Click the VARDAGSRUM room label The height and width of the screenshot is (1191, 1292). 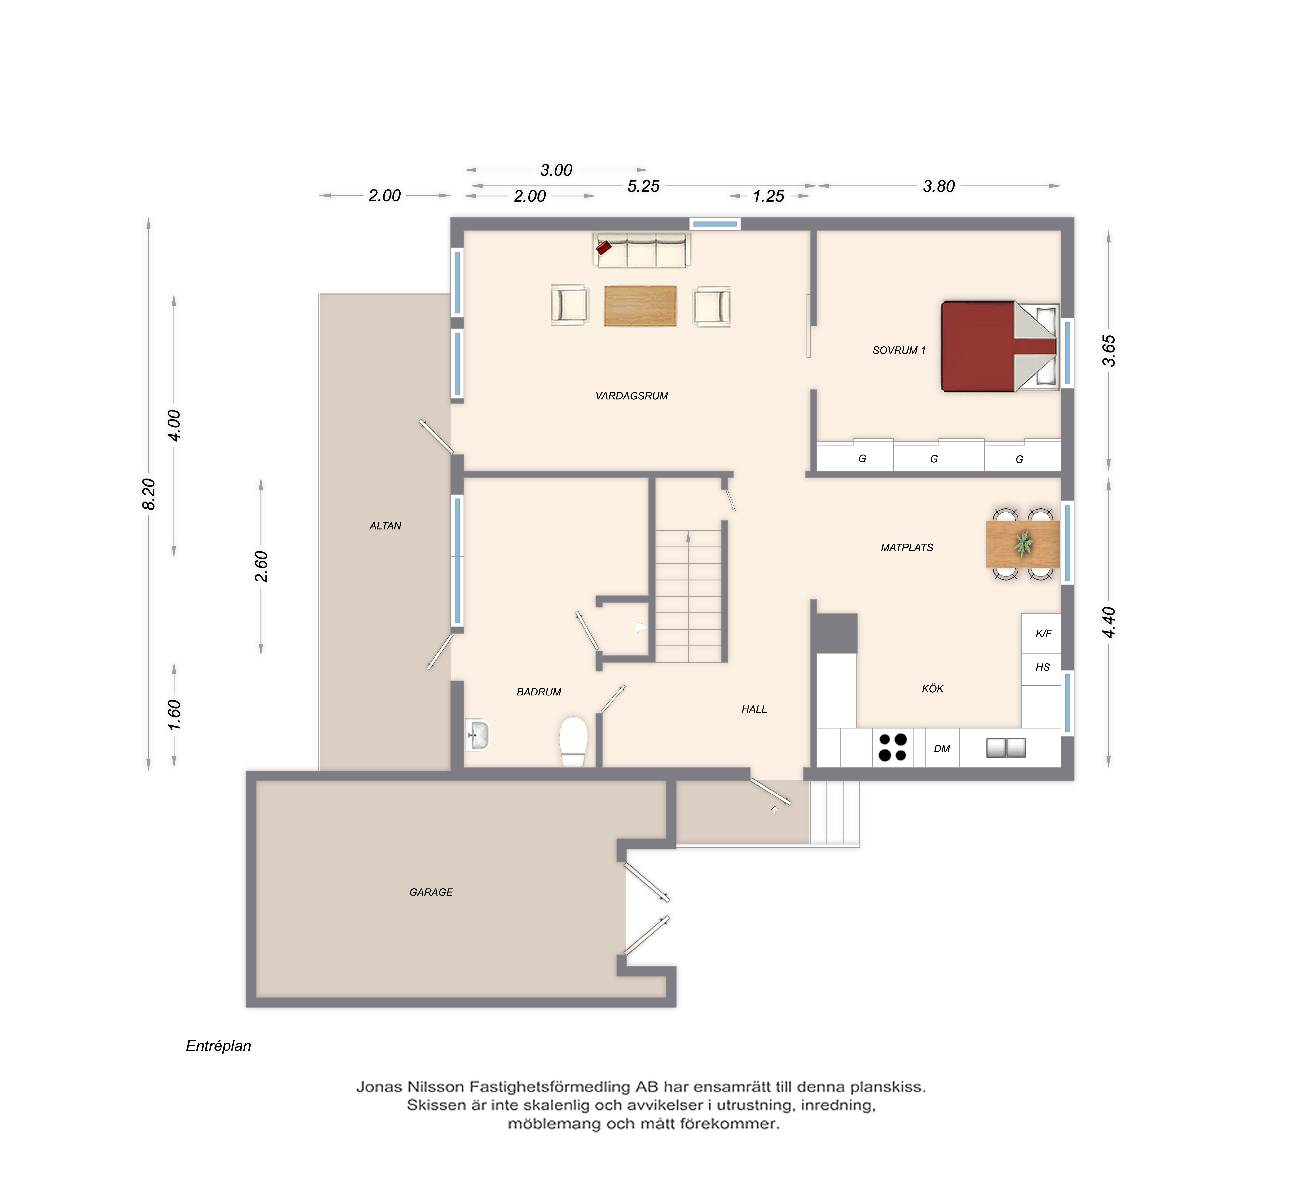pos(631,396)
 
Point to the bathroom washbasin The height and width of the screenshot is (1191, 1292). pos(477,735)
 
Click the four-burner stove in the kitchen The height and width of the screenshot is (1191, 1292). pos(892,748)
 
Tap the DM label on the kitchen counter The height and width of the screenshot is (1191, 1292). pos(942,749)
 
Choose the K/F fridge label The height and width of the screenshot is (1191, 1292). pos(1043,634)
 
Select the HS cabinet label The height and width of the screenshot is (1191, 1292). pos(1043,667)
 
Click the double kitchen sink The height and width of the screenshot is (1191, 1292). pos(1006,748)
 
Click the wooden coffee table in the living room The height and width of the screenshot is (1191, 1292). pos(640,306)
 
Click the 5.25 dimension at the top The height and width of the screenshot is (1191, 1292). pos(643,186)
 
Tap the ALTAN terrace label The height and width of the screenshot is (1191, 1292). pos(385,526)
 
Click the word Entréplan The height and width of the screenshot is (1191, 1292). pos(218,1046)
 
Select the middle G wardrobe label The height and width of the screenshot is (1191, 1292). pos(934,459)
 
